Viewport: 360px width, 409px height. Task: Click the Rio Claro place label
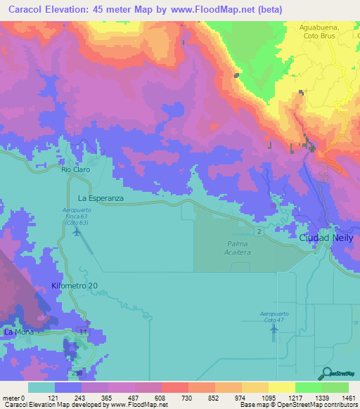pyautogui.click(x=74, y=169)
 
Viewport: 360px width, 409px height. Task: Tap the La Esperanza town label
pyautogui.click(x=101, y=199)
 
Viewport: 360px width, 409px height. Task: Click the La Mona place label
pyautogui.click(x=19, y=331)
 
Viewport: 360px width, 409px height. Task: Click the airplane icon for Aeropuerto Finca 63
pyautogui.click(x=76, y=233)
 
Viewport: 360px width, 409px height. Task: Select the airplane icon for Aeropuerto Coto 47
pyautogui.click(x=273, y=331)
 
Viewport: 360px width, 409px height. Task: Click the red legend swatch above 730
pyautogui.click(x=174, y=387)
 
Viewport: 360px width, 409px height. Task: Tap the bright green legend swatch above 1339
pyautogui.click(x=308, y=387)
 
